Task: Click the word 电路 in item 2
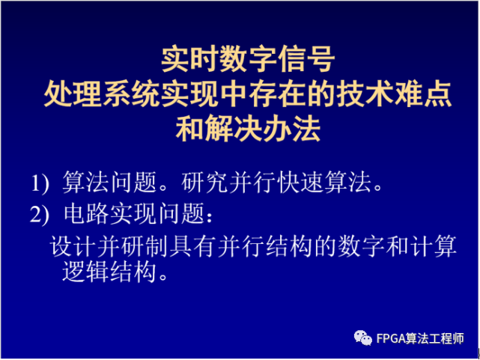click(x=84, y=215)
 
